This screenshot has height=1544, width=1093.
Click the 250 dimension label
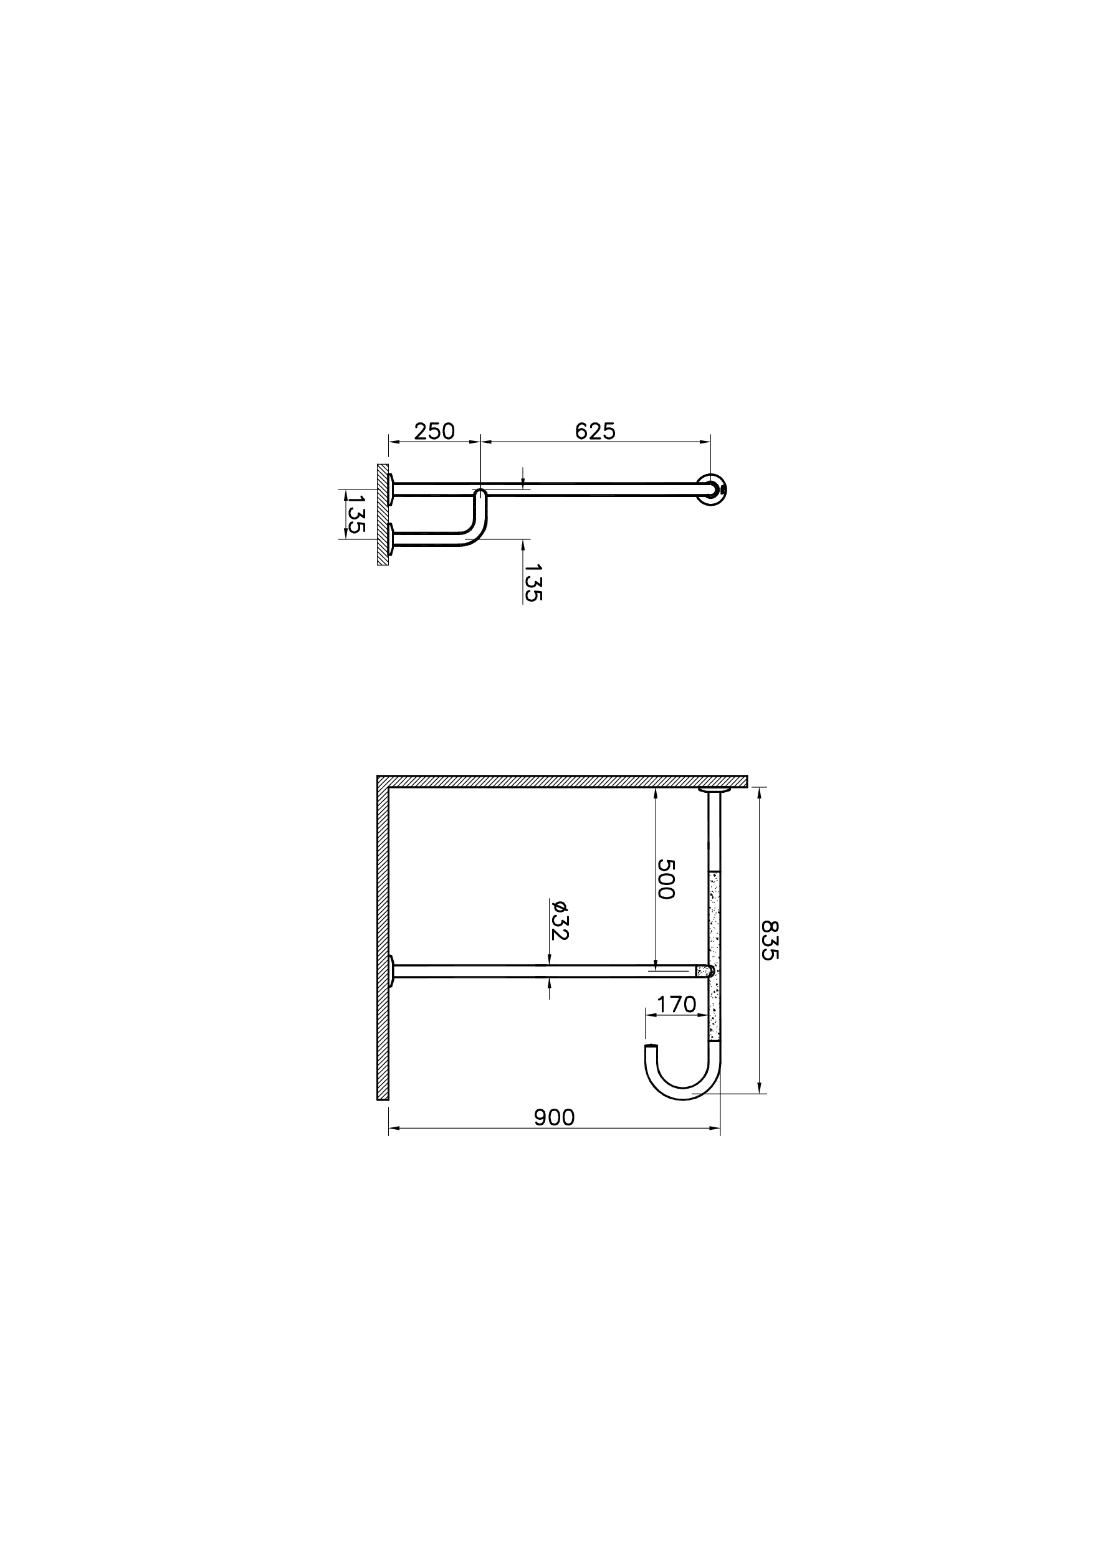(x=434, y=431)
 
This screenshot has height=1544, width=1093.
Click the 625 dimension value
(x=595, y=431)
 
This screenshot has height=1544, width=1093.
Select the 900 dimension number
(x=555, y=1117)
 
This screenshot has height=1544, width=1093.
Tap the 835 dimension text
(x=769, y=940)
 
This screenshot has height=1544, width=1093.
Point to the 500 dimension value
(x=666, y=879)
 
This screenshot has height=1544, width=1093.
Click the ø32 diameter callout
(x=560, y=920)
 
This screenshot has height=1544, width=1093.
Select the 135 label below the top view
(x=532, y=582)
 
